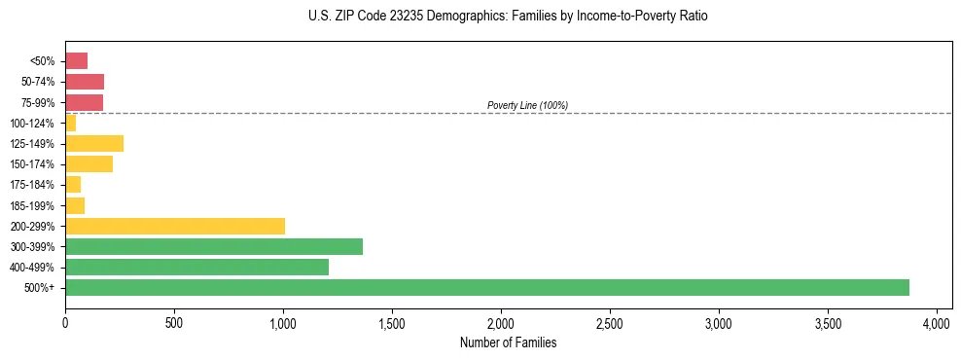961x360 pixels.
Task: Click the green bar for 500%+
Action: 486,287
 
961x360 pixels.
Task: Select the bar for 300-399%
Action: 213,246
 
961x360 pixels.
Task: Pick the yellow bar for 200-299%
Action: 175,226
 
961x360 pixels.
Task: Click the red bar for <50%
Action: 76,61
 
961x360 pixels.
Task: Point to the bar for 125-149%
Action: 94,144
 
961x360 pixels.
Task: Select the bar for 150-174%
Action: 89,164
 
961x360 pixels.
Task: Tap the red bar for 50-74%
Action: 85,82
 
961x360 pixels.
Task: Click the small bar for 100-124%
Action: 70,124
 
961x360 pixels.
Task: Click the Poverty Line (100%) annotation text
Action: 527,105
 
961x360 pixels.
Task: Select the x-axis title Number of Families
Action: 509,342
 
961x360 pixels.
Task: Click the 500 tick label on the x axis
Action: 174,321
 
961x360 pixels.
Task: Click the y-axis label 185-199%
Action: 36,205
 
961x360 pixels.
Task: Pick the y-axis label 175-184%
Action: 36,185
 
